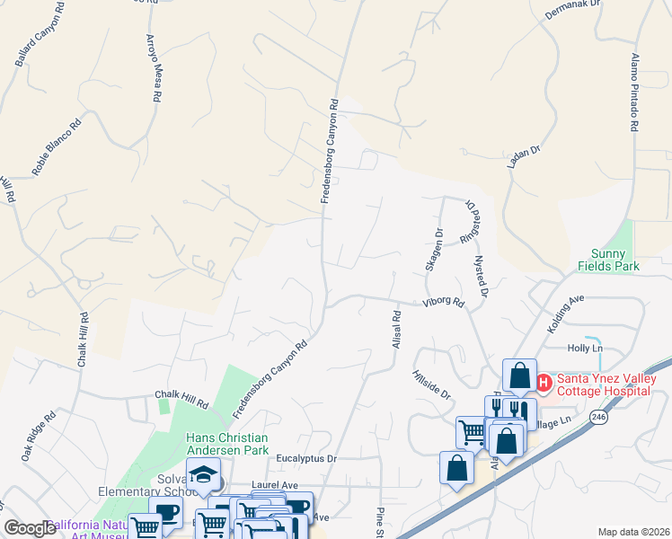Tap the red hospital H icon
[x=544, y=383]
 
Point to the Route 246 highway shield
[x=600, y=418]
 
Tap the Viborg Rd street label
[x=444, y=304]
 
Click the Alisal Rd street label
[x=394, y=331]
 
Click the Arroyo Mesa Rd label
[x=154, y=67]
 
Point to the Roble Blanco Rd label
[x=57, y=145]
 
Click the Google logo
[x=30, y=528]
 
